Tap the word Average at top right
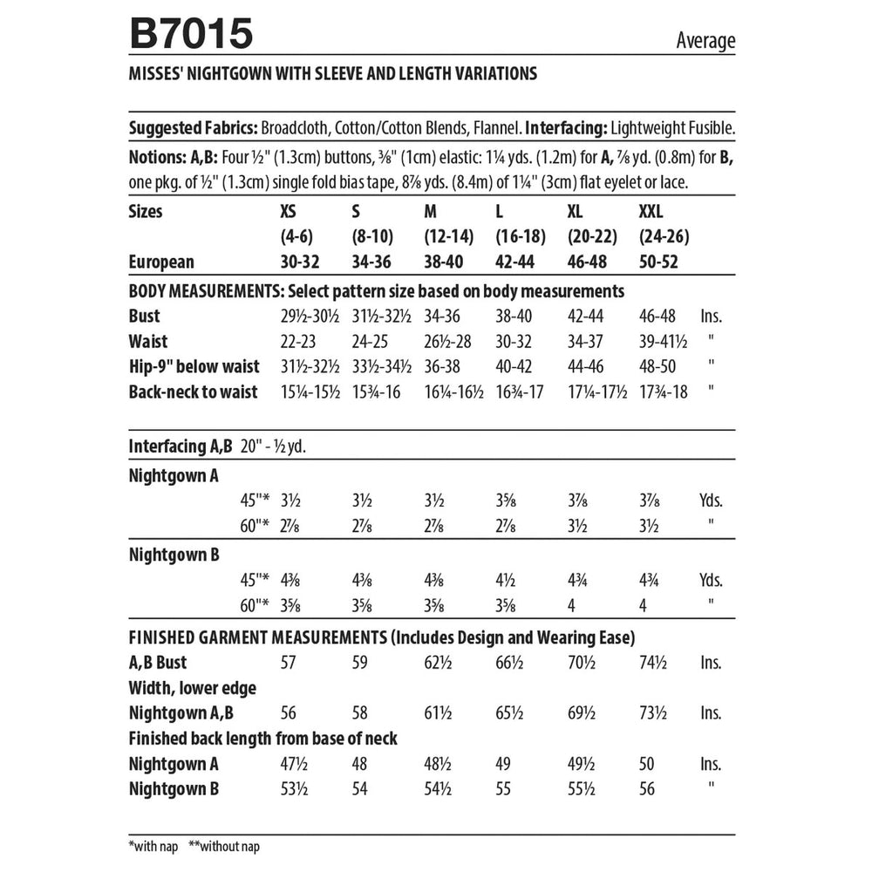(705, 40)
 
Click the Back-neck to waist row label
(193, 392)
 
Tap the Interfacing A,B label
(180, 446)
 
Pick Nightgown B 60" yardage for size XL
(573, 603)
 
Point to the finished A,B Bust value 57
(289, 662)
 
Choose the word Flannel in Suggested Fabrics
(496, 128)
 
